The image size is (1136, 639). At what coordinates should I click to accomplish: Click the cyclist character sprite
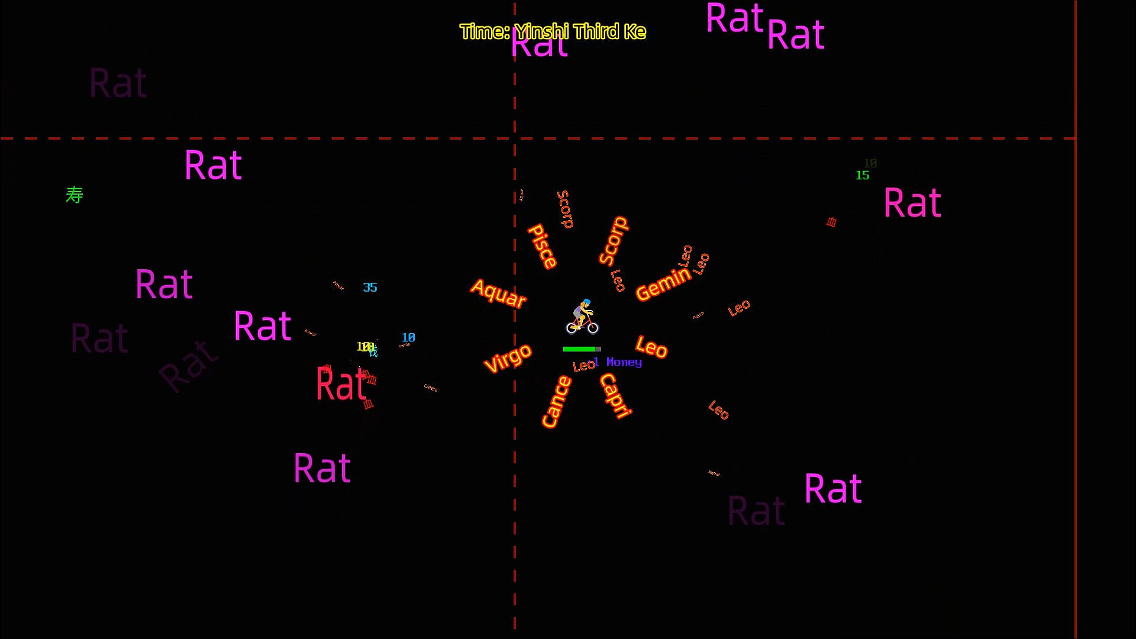(x=582, y=317)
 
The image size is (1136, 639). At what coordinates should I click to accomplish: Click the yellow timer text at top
(x=553, y=31)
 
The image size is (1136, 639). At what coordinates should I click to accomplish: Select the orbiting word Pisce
(x=542, y=246)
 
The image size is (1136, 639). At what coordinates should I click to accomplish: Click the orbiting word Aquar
(x=498, y=293)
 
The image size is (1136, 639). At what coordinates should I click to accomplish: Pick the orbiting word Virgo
(x=508, y=359)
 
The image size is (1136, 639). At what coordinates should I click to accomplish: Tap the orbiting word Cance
(x=556, y=402)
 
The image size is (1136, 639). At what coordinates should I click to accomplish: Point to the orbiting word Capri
(x=616, y=396)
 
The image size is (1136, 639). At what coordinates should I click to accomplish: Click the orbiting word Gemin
(x=663, y=284)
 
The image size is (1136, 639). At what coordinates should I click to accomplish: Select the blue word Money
(x=624, y=362)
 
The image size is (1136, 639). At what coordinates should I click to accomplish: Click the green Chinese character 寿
(x=75, y=195)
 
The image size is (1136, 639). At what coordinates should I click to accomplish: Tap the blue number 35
(x=370, y=288)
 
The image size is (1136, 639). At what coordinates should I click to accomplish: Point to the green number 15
(x=862, y=175)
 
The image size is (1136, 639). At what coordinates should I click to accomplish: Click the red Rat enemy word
(x=341, y=385)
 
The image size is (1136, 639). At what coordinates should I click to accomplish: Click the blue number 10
(x=408, y=337)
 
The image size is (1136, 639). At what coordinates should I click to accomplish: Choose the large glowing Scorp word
(x=613, y=241)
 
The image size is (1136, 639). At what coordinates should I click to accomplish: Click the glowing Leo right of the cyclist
(x=651, y=347)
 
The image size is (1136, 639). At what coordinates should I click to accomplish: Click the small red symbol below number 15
(x=831, y=222)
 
